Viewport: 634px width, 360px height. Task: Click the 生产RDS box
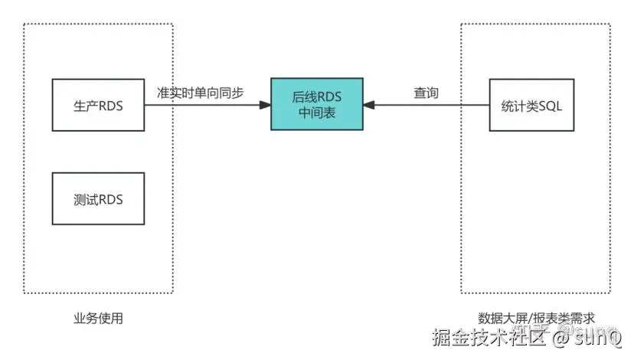[x=98, y=103]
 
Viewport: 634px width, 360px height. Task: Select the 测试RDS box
[x=98, y=199]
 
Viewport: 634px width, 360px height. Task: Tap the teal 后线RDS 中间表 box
[x=316, y=103]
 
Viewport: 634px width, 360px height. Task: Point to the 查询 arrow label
[x=426, y=92]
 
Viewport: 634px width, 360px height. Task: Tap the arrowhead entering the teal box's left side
[x=265, y=103]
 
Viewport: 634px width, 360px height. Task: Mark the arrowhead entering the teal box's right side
[x=368, y=103]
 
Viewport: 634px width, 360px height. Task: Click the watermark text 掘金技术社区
[x=490, y=337]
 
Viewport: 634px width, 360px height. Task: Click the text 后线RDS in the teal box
[x=316, y=97]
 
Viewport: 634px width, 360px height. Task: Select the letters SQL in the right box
[x=550, y=106]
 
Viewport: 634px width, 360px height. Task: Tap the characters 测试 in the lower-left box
[x=85, y=199]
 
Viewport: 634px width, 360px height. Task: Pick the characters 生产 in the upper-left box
[x=85, y=106]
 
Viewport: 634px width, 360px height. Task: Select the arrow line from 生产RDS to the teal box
[x=203, y=103]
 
